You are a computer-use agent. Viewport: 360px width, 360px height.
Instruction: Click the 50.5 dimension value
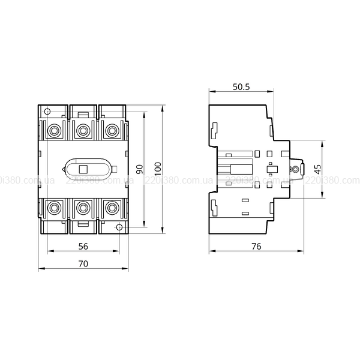(241, 87)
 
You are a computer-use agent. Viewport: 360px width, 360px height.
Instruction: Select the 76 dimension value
(256, 247)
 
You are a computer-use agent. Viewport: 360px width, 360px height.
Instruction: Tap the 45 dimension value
(318, 169)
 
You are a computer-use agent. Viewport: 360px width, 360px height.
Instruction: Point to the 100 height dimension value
(158, 169)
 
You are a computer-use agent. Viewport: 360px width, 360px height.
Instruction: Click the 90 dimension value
(140, 169)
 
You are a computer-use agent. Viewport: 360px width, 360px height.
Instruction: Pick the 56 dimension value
(83, 247)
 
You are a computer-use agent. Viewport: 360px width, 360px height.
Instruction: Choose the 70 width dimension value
(83, 264)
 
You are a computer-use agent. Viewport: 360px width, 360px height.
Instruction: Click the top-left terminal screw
(54, 131)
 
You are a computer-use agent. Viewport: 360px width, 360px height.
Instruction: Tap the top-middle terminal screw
(83, 131)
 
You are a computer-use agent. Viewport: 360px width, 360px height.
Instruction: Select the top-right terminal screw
(112, 131)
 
